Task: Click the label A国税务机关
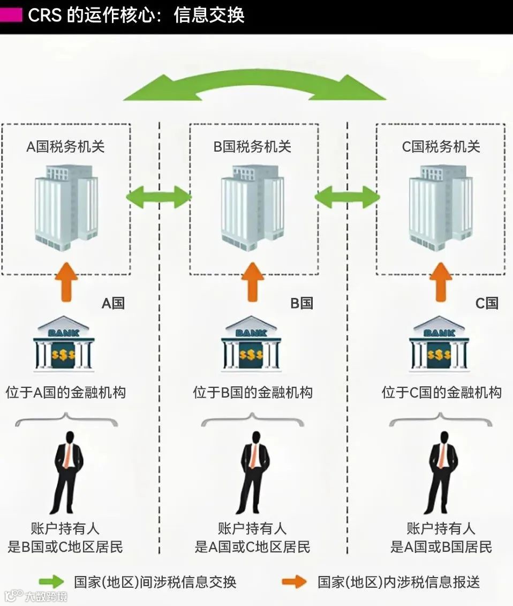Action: coord(65,147)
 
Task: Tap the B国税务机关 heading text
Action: coord(252,147)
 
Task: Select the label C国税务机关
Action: coord(441,147)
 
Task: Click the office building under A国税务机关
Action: coord(66,206)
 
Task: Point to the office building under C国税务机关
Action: coord(440,206)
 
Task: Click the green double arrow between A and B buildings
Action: coord(159,197)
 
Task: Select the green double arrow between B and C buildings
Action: coord(347,197)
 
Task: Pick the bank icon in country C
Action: coord(439,346)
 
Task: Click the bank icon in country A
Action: coord(64,346)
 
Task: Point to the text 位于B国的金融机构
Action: coord(252,392)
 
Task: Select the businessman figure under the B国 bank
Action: coord(252,472)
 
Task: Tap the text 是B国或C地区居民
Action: coord(65,547)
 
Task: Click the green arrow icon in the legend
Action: coord(51,582)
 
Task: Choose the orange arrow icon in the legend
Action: coord(294,582)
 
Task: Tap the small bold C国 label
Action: coord(487,303)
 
